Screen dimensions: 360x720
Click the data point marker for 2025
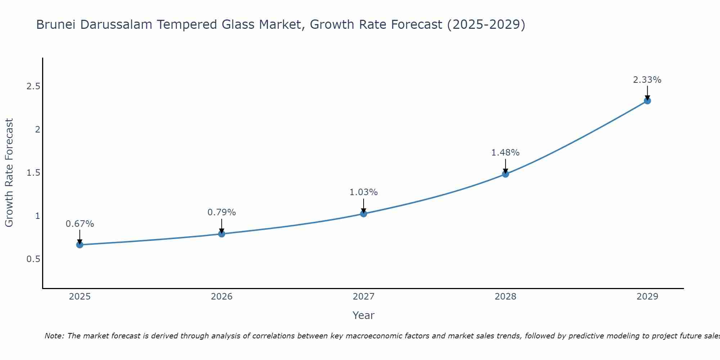click(x=80, y=245)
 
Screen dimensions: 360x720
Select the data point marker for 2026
click(x=221, y=234)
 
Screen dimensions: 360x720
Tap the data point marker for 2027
click(x=363, y=214)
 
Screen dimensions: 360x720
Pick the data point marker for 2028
click(x=505, y=174)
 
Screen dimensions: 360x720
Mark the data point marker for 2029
click(x=647, y=101)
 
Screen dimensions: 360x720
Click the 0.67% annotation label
click(x=80, y=224)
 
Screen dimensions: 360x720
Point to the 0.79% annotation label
click(x=221, y=212)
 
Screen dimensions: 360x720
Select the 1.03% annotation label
click(x=363, y=192)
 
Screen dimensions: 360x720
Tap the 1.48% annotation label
click(x=505, y=153)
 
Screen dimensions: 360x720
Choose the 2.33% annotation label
click(x=647, y=80)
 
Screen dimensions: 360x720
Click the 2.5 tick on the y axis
click(x=33, y=86)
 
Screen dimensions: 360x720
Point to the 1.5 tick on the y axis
click(x=33, y=173)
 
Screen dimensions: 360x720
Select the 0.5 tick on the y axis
click(x=33, y=259)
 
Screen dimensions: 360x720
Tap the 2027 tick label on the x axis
click(x=363, y=297)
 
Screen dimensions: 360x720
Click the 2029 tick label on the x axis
click(x=647, y=297)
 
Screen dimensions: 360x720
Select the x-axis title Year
click(x=363, y=315)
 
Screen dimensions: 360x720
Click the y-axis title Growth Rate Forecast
click(x=9, y=173)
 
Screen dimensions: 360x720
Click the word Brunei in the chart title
click(x=56, y=25)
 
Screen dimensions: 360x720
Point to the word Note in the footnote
click(x=54, y=336)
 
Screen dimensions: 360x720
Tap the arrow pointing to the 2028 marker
click(x=505, y=166)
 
